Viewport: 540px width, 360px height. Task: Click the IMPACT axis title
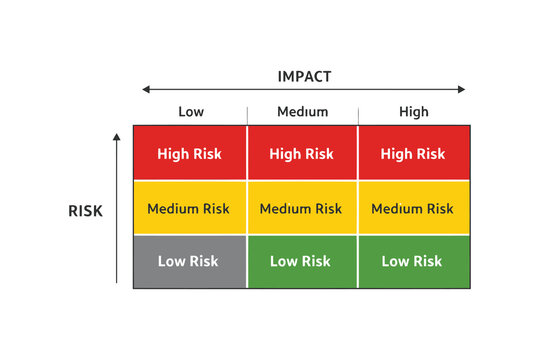tap(303, 76)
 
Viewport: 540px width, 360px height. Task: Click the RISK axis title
tap(85, 211)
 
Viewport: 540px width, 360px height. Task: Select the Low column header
tap(190, 112)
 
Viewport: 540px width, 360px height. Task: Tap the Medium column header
tap(302, 112)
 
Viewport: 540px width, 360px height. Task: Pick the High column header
tap(413, 112)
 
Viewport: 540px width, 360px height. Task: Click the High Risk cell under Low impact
tap(190, 154)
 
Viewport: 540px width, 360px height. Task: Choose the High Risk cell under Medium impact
tap(302, 154)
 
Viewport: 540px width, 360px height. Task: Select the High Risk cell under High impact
tap(413, 154)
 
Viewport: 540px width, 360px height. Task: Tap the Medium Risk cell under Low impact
tap(190, 209)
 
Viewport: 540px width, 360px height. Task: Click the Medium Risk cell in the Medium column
tap(302, 209)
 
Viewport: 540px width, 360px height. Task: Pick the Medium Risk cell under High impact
tap(413, 209)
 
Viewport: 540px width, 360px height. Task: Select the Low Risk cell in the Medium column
tap(302, 262)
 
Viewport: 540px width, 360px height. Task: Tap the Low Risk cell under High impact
tap(413, 262)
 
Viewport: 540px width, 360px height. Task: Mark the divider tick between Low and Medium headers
tap(247, 113)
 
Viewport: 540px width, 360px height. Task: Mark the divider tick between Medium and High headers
tap(358, 113)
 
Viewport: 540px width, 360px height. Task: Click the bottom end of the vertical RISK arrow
tap(117, 284)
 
